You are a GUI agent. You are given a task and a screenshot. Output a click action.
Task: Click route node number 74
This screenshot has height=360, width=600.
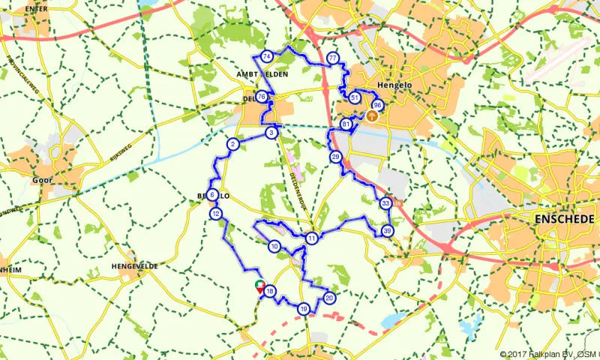267,56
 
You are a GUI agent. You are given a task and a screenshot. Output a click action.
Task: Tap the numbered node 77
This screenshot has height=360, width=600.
332,58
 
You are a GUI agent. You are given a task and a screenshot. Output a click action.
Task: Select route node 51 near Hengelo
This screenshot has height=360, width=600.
354,97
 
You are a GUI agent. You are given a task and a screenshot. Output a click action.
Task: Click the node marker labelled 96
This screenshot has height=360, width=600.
377,106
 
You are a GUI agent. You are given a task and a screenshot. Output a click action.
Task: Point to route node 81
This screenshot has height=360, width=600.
346,124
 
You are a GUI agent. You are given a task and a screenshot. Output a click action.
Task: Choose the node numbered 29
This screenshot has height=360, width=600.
335,156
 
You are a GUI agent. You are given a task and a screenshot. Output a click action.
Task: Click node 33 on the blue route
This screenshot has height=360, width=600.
385,203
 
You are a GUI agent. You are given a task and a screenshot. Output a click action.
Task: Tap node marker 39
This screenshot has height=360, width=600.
387,230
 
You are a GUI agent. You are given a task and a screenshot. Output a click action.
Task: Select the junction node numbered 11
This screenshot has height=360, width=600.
311,238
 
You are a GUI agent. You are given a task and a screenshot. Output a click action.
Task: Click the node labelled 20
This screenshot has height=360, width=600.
329,298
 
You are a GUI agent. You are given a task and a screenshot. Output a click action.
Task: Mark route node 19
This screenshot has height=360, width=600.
304,308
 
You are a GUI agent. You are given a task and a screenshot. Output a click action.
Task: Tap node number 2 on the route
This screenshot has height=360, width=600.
233,144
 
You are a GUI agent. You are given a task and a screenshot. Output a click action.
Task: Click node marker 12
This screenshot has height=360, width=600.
216,214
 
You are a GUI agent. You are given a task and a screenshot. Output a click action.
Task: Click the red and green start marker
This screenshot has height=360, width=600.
260,286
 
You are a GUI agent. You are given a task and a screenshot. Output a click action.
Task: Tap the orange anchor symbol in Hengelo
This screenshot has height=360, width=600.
370,116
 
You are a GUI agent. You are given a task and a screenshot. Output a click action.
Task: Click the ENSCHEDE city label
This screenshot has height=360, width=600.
563,218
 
